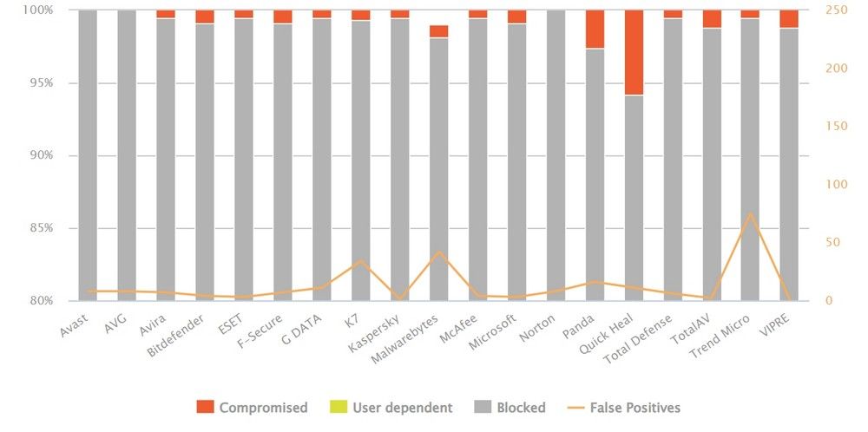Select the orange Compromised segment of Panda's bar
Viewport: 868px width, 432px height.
tap(594, 29)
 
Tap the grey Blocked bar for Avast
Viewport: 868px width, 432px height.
tap(87, 156)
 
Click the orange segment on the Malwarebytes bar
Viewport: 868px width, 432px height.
tap(438, 31)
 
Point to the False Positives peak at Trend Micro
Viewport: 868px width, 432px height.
tap(750, 213)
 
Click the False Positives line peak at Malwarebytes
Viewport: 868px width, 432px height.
tap(438, 252)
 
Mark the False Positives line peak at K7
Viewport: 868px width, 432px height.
tap(360, 260)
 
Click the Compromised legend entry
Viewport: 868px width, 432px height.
tap(252, 407)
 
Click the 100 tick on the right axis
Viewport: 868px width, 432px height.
tap(834, 185)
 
